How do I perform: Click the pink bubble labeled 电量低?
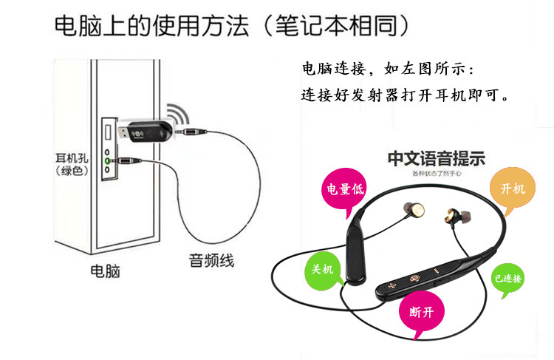pyautogui.click(x=346, y=189)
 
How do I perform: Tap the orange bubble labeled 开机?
pyautogui.click(x=513, y=189)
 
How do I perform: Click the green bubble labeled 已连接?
pyautogui.click(x=508, y=279)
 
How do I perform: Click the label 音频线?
pyautogui.click(x=211, y=260)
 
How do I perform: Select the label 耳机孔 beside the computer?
pyautogui.click(x=72, y=158)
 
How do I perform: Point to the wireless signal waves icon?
pyautogui.click(x=177, y=114)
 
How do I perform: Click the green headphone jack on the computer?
pyautogui.click(x=108, y=160)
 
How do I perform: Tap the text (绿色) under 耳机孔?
pyautogui.click(x=72, y=171)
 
